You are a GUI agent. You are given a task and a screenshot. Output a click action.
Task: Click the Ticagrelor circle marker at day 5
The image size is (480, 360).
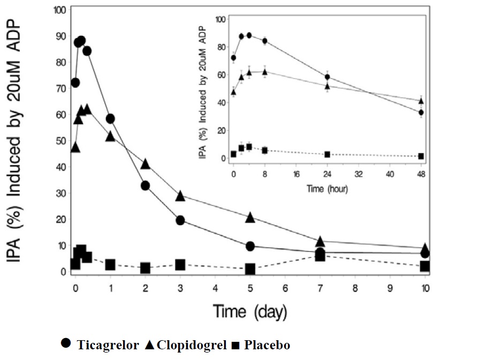[x=250, y=246]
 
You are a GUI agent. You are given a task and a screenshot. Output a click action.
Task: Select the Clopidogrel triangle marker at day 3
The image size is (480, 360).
[x=180, y=196]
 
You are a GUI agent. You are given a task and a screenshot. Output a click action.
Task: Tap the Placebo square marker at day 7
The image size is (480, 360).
[x=320, y=256]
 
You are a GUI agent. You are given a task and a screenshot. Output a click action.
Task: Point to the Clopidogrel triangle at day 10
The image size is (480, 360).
[x=425, y=248]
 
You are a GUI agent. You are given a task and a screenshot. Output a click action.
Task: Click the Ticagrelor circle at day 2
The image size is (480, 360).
[x=145, y=186]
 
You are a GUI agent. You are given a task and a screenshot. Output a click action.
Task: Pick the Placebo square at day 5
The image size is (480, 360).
[x=250, y=269]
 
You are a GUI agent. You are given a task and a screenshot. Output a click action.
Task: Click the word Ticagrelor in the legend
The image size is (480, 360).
[x=107, y=345]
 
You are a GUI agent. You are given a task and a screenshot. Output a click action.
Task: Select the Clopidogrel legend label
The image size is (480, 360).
[x=191, y=345]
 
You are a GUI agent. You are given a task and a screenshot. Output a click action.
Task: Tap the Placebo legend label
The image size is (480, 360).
[x=266, y=345]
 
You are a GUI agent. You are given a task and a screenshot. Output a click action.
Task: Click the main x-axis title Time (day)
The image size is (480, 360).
[x=250, y=311]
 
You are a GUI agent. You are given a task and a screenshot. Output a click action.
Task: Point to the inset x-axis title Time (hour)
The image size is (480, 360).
[x=326, y=189]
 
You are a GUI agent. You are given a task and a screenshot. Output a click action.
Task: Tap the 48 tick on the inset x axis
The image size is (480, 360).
[x=421, y=174]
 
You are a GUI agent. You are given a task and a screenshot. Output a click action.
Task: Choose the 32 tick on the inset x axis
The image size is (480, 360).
[x=359, y=174]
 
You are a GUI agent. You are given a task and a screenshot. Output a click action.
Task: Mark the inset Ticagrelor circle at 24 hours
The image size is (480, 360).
[x=327, y=77]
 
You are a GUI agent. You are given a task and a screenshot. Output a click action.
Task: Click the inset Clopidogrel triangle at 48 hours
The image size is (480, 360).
[x=421, y=101]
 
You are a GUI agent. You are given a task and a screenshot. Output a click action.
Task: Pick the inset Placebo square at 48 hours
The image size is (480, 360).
[x=421, y=156]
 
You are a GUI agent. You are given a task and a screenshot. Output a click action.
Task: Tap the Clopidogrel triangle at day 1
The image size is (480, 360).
[x=110, y=136]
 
